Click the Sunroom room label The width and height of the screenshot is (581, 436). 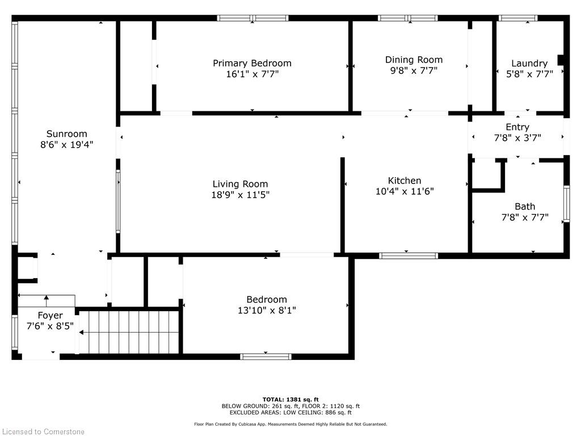click(67, 133)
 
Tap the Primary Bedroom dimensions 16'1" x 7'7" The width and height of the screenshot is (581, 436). click(252, 74)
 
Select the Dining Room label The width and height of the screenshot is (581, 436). click(414, 60)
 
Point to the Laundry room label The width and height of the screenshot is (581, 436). click(529, 64)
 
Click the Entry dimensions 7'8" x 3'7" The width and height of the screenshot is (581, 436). click(517, 138)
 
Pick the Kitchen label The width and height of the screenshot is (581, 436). click(404, 181)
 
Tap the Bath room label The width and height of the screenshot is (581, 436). click(525, 207)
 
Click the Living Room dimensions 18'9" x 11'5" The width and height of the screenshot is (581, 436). click(241, 195)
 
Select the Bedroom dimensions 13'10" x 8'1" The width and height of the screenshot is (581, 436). click(267, 311)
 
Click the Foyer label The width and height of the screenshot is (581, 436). click(50, 316)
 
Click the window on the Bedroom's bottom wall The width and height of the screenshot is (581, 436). click(266, 357)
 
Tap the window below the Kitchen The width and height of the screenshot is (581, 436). click(409, 255)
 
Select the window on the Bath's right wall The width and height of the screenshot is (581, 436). click(567, 204)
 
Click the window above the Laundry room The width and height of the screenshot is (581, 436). click(518, 18)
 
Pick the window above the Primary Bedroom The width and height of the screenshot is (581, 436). click(252, 18)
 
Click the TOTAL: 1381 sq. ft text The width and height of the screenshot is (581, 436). click(290, 399)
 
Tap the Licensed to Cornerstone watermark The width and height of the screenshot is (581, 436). click(43, 431)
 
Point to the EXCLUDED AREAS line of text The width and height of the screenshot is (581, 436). click(290, 412)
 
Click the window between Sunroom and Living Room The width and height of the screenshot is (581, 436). click(118, 202)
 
